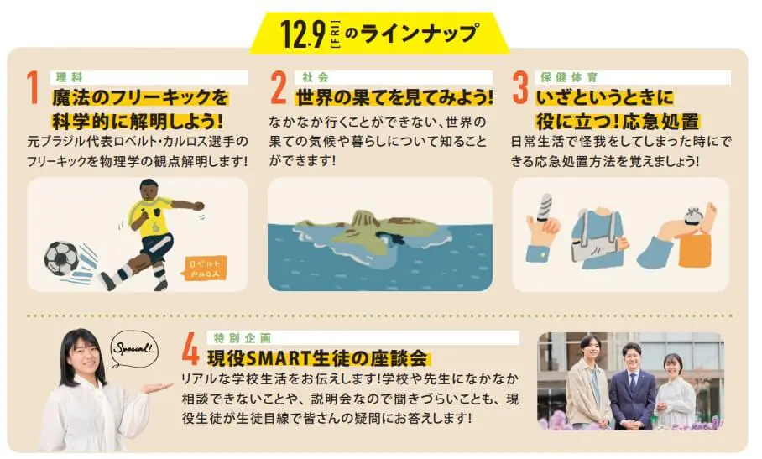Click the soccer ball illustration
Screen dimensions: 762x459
[62, 258]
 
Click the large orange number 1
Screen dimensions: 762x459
[33, 88]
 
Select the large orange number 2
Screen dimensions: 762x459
[279, 88]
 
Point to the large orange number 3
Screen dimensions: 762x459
[520, 88]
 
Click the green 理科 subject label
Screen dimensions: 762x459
[70, 77]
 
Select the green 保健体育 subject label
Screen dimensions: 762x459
[569, 77]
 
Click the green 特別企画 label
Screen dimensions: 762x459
[242, 338]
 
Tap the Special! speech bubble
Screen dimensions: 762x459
[134, 349]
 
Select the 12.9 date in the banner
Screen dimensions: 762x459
[303, 34]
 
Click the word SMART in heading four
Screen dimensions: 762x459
[280, 359]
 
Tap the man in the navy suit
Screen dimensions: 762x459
[632, 387]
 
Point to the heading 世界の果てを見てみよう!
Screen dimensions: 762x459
[394, 97]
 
